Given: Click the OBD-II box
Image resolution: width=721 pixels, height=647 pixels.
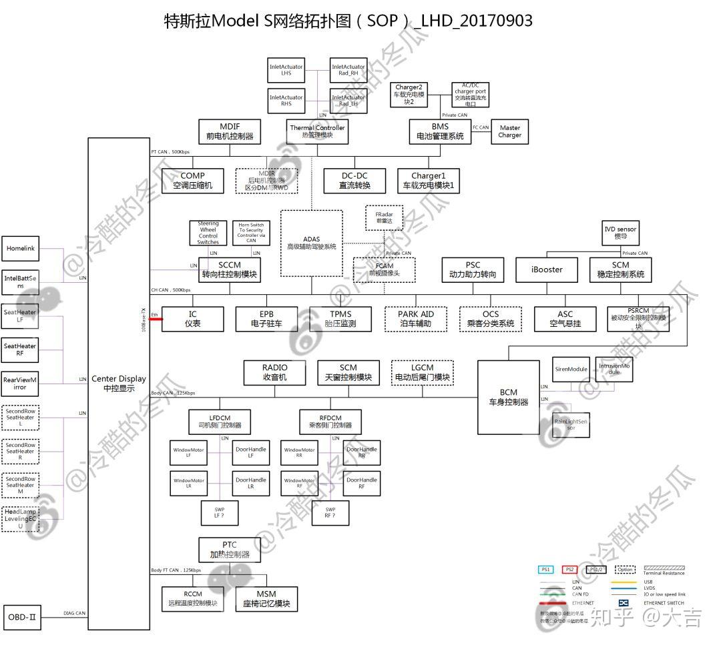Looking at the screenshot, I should (x=23, y=617).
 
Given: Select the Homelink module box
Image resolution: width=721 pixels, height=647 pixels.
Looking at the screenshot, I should (x=21, y=249).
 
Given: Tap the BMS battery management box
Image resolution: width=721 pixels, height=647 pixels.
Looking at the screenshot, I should (x=440, y=131).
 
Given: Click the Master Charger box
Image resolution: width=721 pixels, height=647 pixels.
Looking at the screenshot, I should (x=509, y=131).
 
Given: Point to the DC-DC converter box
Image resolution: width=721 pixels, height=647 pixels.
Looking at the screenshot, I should (x=354, y=181).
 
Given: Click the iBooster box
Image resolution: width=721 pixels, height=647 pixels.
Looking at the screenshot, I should (x=547, y=269).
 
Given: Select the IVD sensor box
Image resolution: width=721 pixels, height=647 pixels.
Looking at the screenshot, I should (x=620, y=232).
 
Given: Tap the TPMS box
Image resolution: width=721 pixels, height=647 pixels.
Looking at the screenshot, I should (x=340, y=319).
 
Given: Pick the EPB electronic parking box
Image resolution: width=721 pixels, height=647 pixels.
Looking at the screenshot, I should (x=266, y=319).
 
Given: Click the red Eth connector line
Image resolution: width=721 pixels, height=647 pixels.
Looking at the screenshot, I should (x=156, y=319).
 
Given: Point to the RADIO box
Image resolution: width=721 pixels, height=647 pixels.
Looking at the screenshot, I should (x=275, y=372).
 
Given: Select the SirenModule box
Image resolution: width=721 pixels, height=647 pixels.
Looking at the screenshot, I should (x=571, y=369).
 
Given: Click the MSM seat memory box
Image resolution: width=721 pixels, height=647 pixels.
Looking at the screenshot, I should (x=266, y=599).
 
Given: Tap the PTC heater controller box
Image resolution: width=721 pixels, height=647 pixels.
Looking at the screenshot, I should (x=229, y=550).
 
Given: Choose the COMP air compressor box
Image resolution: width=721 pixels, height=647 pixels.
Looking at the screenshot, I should (x=192, y=181).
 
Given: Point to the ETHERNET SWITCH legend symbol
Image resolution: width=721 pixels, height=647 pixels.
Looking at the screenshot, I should (x=624, y=602).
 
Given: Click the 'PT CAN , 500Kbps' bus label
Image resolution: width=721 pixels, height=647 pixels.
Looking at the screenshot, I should (x=171, y=152).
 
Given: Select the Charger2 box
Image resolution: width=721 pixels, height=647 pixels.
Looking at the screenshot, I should (x=409, y=95).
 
